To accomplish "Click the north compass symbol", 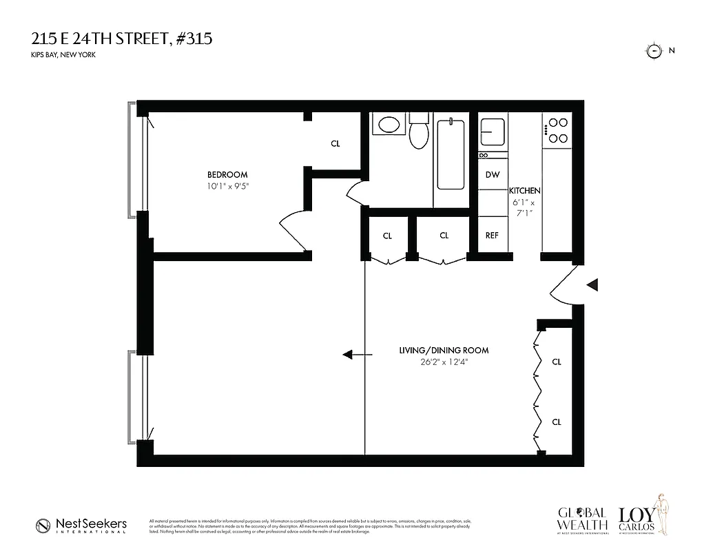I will click(654, 50).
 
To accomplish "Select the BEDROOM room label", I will click(227, 175).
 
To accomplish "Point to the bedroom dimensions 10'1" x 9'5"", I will click(227, 186).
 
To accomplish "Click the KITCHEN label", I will click(525, 191).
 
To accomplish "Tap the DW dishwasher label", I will click(492, 175).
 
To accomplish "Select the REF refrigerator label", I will click(492, 236).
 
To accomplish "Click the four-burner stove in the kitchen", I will click(558, 131).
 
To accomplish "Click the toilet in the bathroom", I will click(418, 133).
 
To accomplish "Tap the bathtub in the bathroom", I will click(451, 154).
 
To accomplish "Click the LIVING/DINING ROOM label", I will click(444, 351).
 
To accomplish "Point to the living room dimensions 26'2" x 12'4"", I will click(444, 362).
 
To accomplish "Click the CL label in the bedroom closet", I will click(335, 144).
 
